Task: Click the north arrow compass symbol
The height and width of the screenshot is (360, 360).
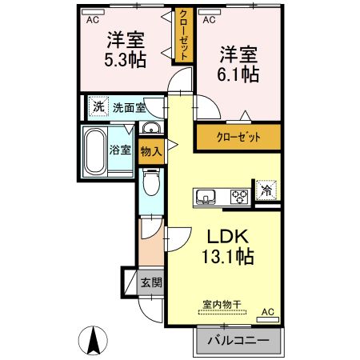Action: click(94, 342)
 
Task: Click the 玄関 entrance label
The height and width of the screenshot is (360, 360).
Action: click(151, 282)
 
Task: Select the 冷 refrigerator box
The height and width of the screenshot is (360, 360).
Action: click(265, 190)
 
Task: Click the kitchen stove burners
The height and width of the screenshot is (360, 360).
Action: click(239, 195)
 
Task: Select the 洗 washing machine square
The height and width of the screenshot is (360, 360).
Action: click(97, 106)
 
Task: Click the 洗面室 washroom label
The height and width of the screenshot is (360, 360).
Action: click(128, 106)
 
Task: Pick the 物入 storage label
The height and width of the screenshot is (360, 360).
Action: click(150, 150)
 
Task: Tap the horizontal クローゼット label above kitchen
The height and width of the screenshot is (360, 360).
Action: click(239, 137)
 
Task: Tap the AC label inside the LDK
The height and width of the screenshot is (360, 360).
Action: click(267, 312)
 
